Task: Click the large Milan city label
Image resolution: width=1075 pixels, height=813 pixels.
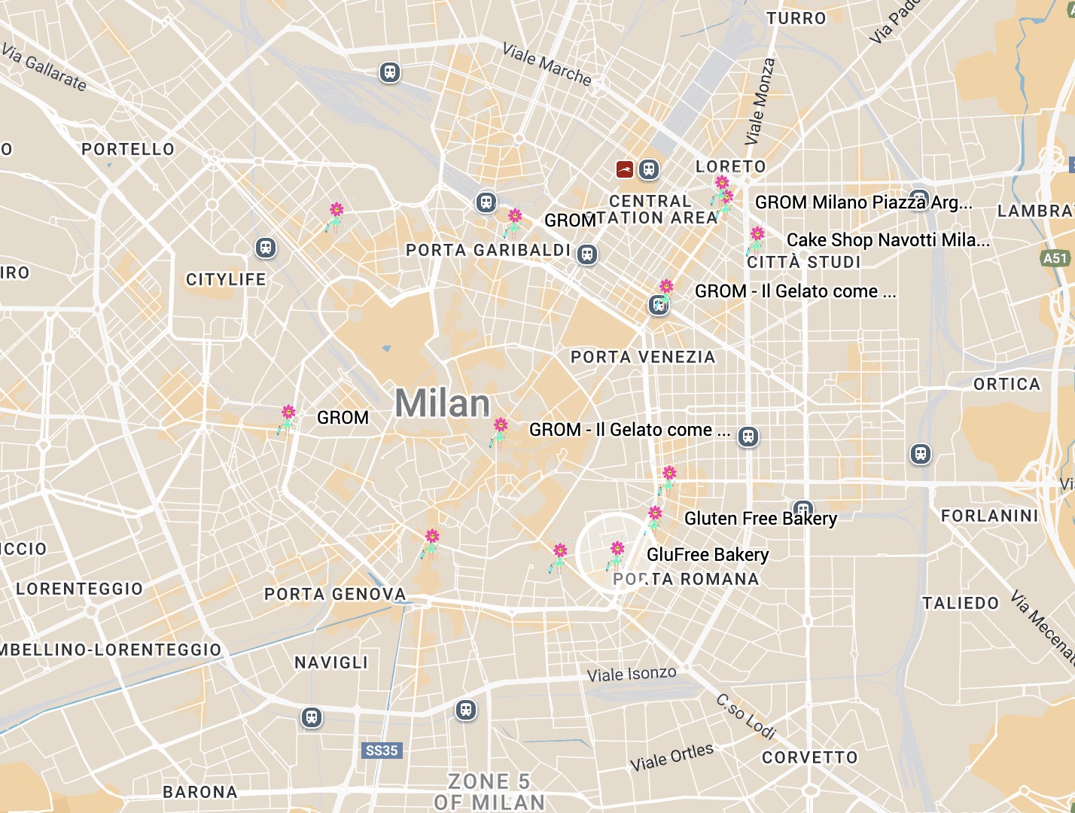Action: [443, 403]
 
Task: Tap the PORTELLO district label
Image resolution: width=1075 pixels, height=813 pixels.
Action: [128, 149]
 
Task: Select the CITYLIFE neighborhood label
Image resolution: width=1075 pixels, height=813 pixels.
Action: [226, 279]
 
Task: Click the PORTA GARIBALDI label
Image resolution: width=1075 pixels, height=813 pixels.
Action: [488, 250]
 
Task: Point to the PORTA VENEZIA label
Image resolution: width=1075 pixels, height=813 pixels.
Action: [643, 357]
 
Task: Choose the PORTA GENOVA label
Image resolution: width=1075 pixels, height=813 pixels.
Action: [335, 595]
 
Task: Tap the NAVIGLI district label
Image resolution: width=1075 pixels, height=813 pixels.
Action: [331, 662]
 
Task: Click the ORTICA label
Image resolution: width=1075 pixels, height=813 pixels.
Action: [1006, 385]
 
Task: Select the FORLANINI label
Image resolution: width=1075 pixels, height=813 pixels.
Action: [989, 516]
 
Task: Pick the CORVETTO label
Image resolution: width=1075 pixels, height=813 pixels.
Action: [810, 757]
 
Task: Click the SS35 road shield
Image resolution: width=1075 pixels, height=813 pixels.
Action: [382, 751]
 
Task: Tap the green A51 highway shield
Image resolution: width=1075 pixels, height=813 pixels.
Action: [1055, 258]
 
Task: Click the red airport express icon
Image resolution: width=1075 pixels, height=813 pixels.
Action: [624, 169]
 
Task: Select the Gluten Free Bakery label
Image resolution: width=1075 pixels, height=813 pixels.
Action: [760, 519]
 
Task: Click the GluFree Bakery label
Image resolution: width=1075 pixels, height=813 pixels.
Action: [708, 555]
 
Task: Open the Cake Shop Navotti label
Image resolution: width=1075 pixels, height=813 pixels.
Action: [888, 240]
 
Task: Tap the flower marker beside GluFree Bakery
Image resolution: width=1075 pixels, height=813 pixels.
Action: [617, 554]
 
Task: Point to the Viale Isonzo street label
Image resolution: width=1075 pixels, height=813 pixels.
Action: [632, 674]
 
